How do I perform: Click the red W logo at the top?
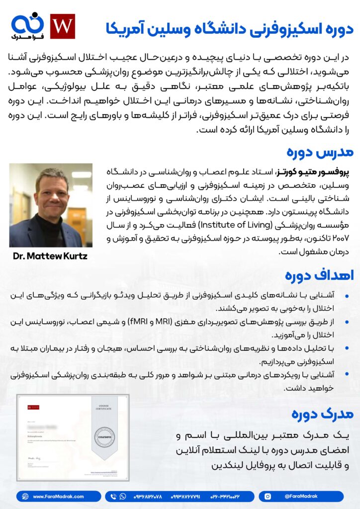click(63, 26)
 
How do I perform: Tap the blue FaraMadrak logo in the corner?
click(27, 26)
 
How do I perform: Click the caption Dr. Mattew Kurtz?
click(51, 256)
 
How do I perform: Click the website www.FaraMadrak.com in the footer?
click(58, 497)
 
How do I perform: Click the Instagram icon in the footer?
click(268, 497)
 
